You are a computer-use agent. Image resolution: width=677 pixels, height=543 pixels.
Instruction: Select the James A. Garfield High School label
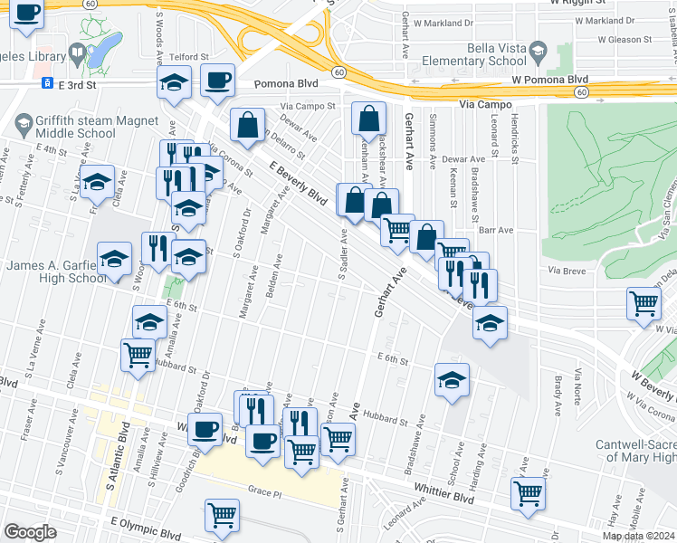57,272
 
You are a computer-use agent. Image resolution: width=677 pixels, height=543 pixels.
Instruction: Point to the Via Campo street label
485,105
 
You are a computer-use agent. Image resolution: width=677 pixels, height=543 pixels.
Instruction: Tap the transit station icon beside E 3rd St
44,83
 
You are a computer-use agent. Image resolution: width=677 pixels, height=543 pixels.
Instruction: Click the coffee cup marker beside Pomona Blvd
217,81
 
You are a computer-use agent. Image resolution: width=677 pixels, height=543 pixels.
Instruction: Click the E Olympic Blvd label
146,522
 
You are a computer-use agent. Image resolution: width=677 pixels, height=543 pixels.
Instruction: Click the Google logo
30,532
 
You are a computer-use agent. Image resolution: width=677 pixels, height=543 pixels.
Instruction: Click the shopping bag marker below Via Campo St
368,118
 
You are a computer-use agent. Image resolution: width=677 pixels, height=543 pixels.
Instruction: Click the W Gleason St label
618,40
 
